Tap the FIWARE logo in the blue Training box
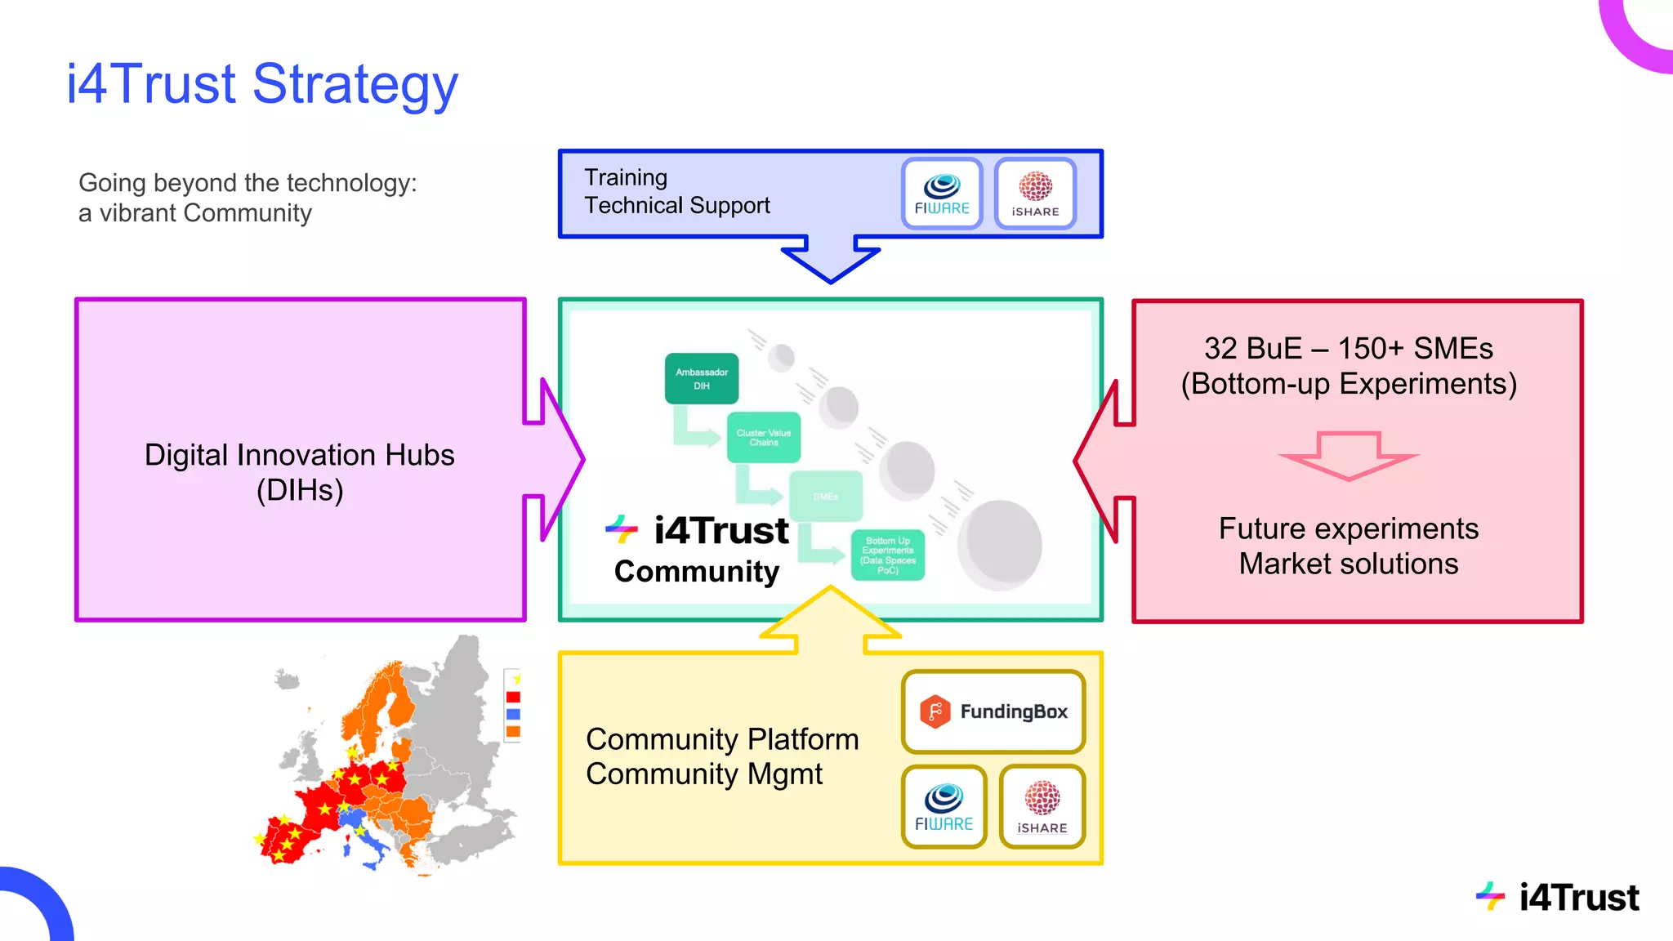942,194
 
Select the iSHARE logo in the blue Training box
1035,194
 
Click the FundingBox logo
993,711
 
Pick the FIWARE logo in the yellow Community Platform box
944,807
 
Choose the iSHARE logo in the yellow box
1042,807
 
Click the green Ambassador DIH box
702,379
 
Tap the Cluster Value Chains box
764,438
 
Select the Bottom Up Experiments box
888,555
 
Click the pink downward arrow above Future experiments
1349,457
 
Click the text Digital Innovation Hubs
299,455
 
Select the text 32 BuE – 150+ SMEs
1348,349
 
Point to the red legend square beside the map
513,697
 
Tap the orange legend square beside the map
513,731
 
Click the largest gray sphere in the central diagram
1001,545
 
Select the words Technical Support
677,206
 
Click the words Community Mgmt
704,774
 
